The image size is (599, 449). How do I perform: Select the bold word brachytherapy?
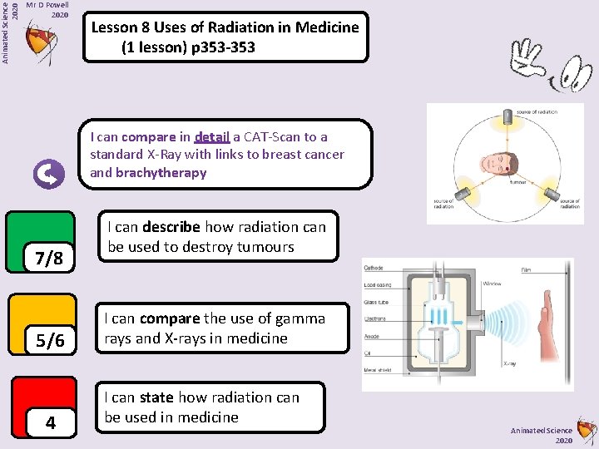161,173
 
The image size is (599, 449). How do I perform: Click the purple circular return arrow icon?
48,174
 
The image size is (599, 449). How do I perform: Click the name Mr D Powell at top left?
47,4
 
